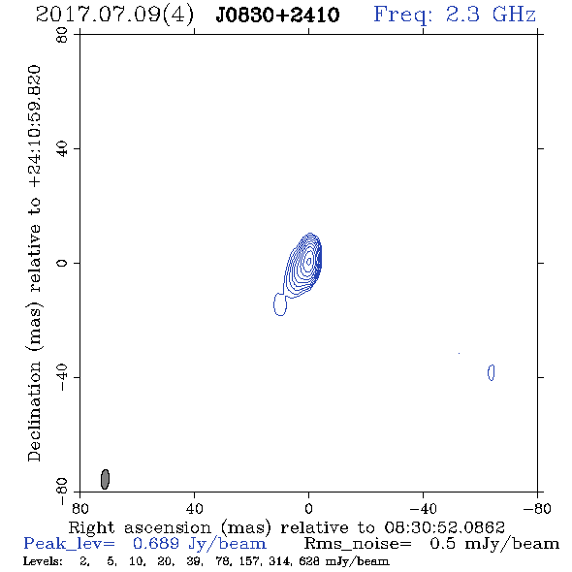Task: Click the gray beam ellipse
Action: click(x=105, y=479)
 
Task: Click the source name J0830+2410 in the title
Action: click(x=277, y=15)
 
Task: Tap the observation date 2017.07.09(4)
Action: click(x=114, y=16)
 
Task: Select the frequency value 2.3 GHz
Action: click(x=490, y=15)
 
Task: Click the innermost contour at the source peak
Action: click(x=309, y=261)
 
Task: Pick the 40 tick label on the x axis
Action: click(x=194, y=509)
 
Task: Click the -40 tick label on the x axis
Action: click(x=423, y=509)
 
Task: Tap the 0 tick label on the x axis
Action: click(x=308, y=509)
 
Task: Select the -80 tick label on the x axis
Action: click(x=537, y=509)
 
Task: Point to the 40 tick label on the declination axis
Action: click(x=62, y=149)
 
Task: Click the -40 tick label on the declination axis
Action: click(x=62, y=377)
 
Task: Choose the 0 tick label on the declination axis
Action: click(x=62, y=263)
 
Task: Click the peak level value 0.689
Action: click(x=156, y=544)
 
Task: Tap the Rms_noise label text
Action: click(x=358, y=544)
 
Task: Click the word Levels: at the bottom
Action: click(x=43, y=561)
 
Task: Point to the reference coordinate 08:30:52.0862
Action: click(x=444, y=527)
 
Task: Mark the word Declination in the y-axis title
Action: click(x=34, y=411)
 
